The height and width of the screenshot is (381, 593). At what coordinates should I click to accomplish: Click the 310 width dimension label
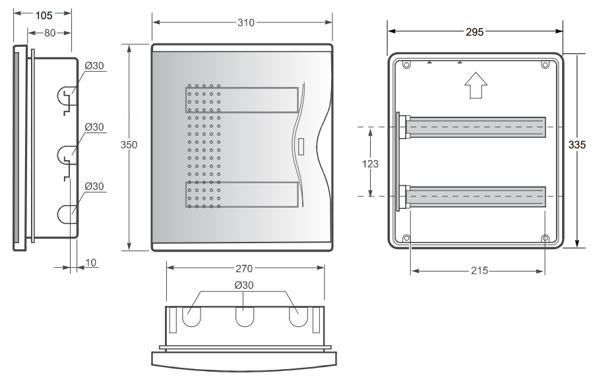[x=246, y=22]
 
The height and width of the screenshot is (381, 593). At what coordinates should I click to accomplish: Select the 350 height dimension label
[x=129, y=145]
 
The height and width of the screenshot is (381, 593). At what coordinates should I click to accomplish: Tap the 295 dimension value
[x=475, y=32]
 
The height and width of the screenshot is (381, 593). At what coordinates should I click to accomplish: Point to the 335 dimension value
[x=577, y=144]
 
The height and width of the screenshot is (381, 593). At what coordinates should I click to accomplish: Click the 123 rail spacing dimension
[x=370, y=163]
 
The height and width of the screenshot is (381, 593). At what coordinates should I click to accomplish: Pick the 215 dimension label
[x=480, y=271]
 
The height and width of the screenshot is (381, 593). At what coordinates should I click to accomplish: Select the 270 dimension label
[x=244, y=268]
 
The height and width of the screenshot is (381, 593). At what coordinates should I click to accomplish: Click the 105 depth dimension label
[x=44, y=15]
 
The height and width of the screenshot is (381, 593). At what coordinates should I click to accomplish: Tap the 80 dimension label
[x=50, y=33]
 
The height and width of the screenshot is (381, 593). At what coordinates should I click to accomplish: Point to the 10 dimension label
[x=91, y=263]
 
